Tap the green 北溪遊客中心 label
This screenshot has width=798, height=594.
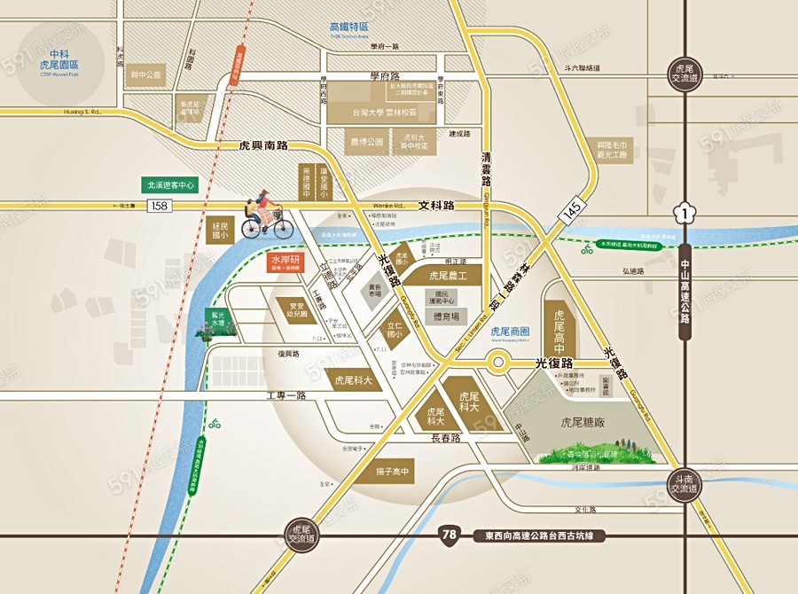170,185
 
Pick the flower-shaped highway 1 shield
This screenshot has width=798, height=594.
683,212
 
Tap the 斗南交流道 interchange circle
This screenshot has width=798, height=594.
685,485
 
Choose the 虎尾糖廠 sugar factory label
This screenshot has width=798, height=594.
583,423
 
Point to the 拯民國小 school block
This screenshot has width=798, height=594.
221,231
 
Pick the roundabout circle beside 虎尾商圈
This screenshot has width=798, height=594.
497,363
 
